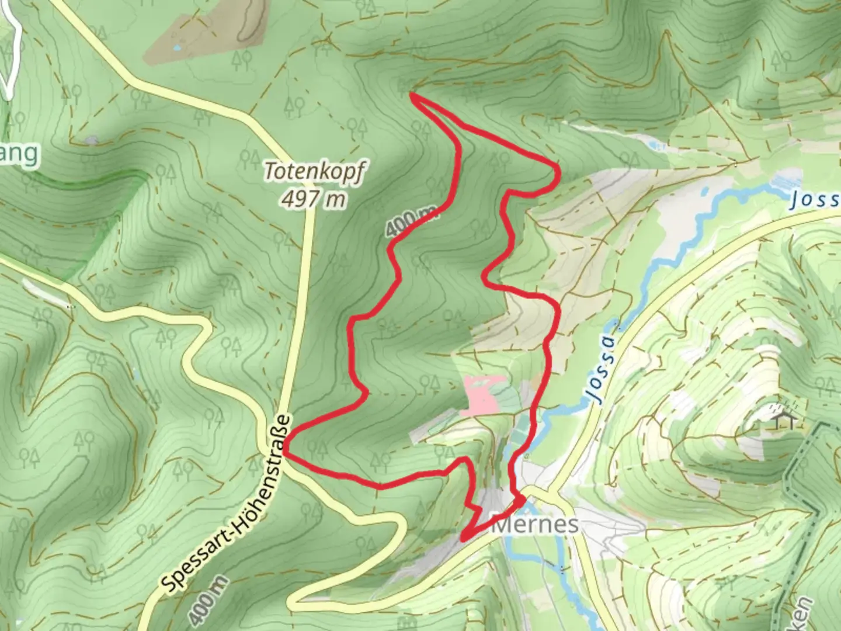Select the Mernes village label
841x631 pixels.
536,524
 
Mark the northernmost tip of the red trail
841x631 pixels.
413,95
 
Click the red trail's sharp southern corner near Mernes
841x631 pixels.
463,538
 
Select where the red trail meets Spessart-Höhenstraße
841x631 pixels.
285,450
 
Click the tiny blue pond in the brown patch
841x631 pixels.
177,47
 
